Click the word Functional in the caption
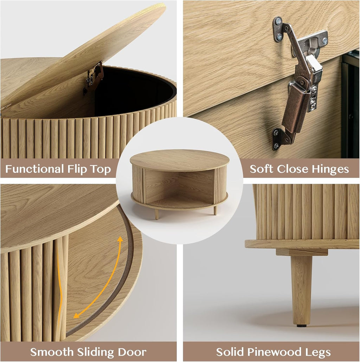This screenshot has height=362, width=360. coord(35,169)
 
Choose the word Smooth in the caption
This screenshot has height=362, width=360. coord(52,352)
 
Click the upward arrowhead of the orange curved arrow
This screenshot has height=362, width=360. coord(120,239)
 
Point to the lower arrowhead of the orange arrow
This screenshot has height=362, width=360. coord(76,315)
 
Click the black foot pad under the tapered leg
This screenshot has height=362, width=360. coord(300,326)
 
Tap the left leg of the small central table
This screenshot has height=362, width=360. coord(157,214)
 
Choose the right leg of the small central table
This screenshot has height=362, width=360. coord(215,210)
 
